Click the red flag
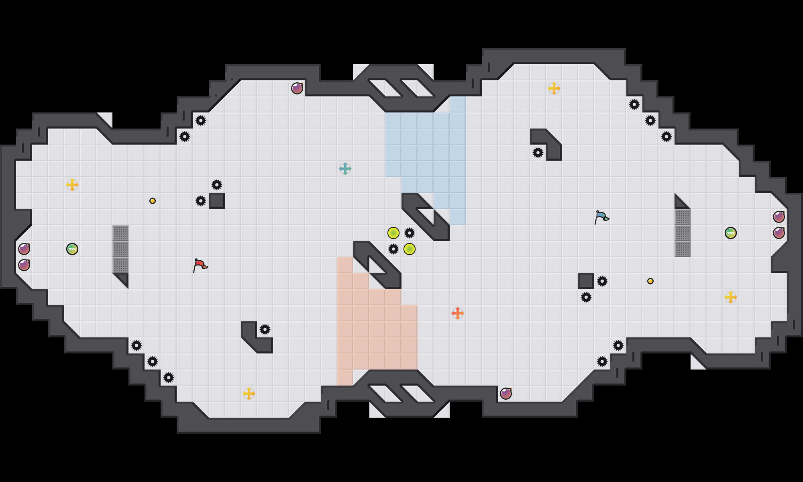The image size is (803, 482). coord(200,265)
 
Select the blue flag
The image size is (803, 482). coord(601,217)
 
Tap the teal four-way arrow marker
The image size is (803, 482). coord(345,169)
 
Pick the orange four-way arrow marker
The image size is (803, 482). coord(458,313)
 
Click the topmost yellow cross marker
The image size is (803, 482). coord(554,88)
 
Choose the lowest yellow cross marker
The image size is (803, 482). coord(249,394)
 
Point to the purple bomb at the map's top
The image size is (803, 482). coord(297,88)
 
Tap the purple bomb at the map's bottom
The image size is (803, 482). coord(506,394)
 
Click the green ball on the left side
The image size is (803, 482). coord(72,249)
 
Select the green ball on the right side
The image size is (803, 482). coord(731,233)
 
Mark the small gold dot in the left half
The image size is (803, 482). coord(153,201)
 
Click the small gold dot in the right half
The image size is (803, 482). coord(650,281)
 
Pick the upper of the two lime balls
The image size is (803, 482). coord(393,233)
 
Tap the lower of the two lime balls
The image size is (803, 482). coord(410,249)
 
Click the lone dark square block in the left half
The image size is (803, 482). coord(217,201)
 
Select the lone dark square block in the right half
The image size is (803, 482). coord(586,281)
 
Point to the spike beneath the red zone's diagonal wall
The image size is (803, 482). coord(393,249)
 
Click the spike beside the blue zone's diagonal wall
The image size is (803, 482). coord(410,233)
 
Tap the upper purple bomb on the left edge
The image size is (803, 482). coord(24,249)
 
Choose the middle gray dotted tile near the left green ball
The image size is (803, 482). coord(120,249)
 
